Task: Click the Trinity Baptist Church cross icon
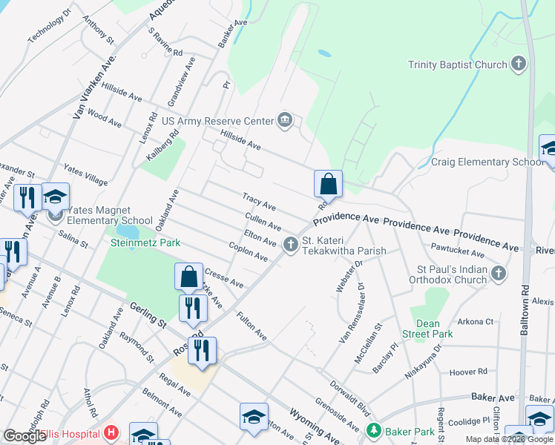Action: point(519,65)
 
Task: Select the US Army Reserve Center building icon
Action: point(285,120)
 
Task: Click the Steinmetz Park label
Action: point(145,243)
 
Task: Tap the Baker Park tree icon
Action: point(374,430)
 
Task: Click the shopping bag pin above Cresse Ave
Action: point(189,277)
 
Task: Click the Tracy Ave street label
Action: point(260,201)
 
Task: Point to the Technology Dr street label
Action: point(50,26)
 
